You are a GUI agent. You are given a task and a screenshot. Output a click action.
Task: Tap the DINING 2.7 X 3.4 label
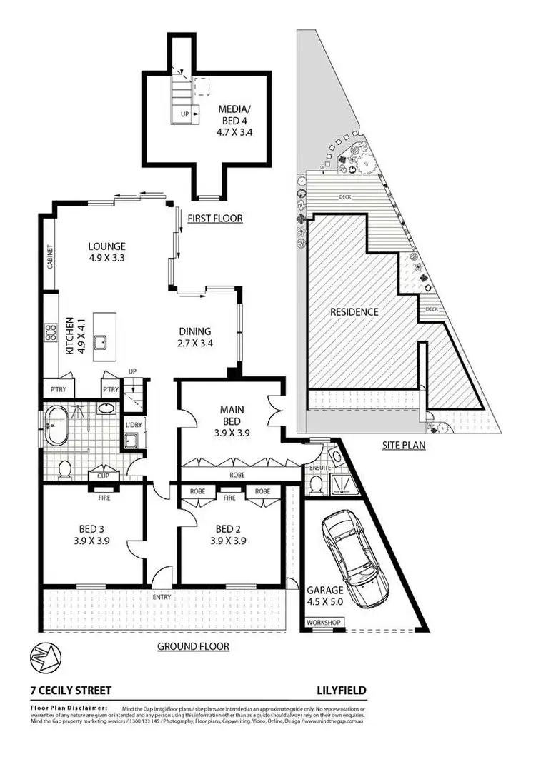pos(195,336)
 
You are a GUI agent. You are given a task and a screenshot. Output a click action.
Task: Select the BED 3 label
pos(93,535)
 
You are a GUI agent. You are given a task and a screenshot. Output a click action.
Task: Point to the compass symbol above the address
pos(42,656)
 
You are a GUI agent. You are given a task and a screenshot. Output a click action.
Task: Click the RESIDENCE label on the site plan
pos(354,312)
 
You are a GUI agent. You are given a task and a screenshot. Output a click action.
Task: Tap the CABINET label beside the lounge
pos(50,256)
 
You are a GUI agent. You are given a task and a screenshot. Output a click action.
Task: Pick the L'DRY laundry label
pos(133,426)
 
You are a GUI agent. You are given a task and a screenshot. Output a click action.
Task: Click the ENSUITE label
pos(314,467)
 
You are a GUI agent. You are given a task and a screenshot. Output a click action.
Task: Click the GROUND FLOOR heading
pos(193,646)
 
